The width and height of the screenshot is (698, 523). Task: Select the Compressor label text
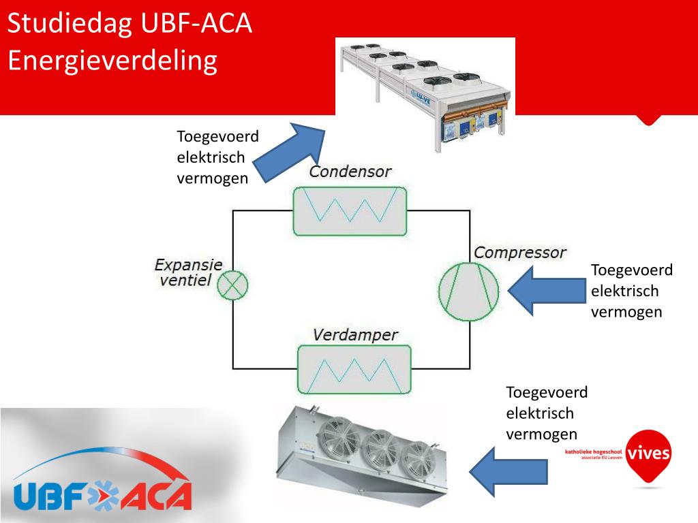(x=519, y=253)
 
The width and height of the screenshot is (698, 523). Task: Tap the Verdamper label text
(x=355, y=335)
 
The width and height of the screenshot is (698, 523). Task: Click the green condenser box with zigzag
(x=350, y=210)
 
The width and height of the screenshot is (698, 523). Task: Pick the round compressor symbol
(x=468, y=289)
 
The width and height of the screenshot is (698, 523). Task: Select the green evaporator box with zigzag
(x=354, y=368)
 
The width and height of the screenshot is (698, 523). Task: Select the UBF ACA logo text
(x=102, y=493)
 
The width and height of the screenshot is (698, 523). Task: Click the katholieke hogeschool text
(x=593, y=452)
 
